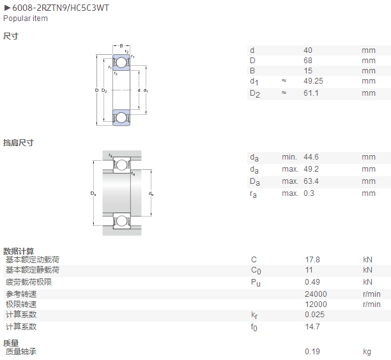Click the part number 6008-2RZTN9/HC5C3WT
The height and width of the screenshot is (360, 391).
[x=61, y=8]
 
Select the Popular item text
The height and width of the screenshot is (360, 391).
[x=26, y=19]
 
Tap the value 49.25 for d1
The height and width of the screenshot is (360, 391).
[x=313, y=81]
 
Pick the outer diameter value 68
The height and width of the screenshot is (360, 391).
[x=308, y=61]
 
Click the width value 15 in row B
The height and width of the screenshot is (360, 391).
[x=308, y=71]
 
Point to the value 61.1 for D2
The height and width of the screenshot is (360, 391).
[x=311, y=93]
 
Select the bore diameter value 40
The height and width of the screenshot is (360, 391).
[x=308, y=50]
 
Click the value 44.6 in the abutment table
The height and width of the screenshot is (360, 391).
[x=311, y=157]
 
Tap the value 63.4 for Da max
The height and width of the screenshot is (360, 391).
[x=311, y=181]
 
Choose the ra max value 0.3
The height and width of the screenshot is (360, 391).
[x=309, y=193]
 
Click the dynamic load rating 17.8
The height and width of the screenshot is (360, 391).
[x=312, y=260]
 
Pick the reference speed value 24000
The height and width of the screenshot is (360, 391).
[x=316, y=294]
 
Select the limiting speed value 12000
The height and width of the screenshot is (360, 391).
[x=316, y=304]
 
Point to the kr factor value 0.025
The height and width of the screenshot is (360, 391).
[x=314, y=315]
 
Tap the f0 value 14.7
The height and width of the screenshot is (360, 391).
[x=312, y=327]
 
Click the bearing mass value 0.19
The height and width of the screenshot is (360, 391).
[x=312, y=352]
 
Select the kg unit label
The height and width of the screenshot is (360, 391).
[x=367, y=352]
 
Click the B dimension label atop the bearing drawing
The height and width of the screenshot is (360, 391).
[x=121, y=46]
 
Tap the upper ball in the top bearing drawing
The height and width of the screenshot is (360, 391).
[x=121, y=63]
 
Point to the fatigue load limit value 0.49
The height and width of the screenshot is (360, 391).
[x=312, y=282]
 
